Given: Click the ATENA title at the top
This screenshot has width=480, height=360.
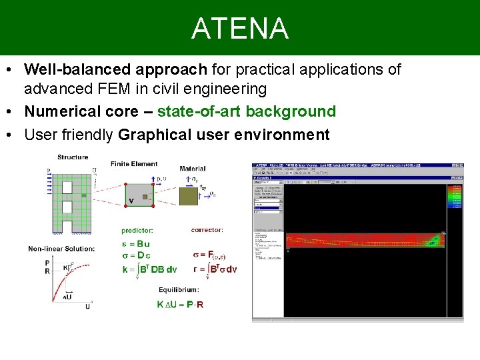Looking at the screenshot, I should click(x=240, y=29).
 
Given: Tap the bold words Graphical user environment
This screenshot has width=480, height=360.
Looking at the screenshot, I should click(x=223, y=135).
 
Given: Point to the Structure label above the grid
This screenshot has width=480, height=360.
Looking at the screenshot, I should click(x=73, y=157).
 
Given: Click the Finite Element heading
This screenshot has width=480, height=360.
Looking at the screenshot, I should click(x=134, y=164).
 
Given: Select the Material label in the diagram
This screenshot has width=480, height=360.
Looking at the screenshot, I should click(x=193, y=169).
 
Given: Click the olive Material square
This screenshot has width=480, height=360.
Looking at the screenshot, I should click(x=189, y=195).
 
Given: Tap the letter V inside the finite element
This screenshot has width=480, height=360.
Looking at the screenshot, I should click(x=131, y=201).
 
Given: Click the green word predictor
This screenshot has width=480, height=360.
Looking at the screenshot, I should click(x=137, y=231).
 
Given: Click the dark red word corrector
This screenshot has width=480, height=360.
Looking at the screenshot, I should click(x=207, y=231).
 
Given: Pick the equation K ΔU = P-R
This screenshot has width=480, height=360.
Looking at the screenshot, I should click(x=181, y=304).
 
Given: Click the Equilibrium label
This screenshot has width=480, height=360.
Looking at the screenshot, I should click(x=178, y=290).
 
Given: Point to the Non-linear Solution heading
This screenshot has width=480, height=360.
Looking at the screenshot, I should click(x=61, y=249).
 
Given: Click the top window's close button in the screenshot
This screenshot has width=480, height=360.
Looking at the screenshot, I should click(x=461, y=165).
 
